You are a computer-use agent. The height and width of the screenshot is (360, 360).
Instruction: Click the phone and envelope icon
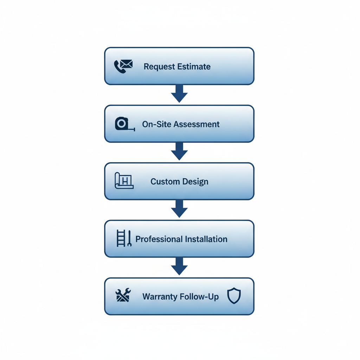point(123,66)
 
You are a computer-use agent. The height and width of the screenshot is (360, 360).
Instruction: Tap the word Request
point(159,66)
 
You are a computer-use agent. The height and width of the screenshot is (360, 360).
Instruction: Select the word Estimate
point(194,66)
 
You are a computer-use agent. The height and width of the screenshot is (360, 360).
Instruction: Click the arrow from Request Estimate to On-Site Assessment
point(179,94)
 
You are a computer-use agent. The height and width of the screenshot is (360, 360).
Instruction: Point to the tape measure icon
point(124,124)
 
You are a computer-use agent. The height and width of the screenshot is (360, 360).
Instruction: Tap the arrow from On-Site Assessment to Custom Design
point(179,151)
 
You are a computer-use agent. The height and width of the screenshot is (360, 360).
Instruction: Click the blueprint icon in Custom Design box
point(124,181)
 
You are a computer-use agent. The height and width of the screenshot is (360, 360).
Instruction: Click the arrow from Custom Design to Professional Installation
point(179,209)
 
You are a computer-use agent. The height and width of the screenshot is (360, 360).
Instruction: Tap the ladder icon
point(121,238)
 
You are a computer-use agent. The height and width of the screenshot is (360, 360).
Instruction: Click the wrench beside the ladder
point(129,238)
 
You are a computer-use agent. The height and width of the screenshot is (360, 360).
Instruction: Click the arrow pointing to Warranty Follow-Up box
point(179,266)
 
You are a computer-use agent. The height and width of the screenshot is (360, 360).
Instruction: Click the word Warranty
point(160,297)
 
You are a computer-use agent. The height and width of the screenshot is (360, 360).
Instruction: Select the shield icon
point(234,296)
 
